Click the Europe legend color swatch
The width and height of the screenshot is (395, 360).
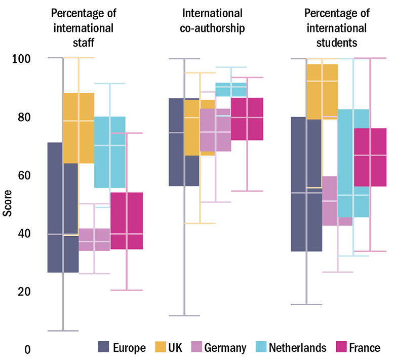click(104, 347)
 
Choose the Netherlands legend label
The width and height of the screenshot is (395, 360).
click(298, 348)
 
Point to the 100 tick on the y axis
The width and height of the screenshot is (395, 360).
click(21, 59)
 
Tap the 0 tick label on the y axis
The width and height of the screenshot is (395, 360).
click(27, 350)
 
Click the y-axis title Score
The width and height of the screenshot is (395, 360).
click(7, 204)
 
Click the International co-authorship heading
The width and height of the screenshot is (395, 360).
click(206, 21)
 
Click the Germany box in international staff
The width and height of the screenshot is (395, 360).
click(94, 239)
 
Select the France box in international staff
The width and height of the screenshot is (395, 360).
click(127, 221)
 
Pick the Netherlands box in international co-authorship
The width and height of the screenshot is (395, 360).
click(231, 89)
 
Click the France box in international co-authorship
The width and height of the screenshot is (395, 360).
click(247, 119)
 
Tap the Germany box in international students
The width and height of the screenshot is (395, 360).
click(330, 201)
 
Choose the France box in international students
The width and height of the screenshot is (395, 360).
click(370, 157)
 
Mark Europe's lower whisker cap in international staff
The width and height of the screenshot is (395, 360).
click(63, 331)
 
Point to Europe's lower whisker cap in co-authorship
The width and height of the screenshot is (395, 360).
click(184, 315)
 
